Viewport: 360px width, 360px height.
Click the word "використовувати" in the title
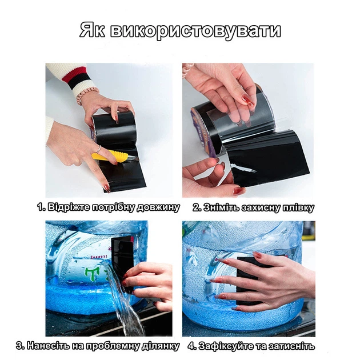coord(195,31)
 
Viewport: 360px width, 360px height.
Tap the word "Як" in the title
coord(93,30)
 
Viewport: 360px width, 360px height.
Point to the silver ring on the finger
coord(98,149)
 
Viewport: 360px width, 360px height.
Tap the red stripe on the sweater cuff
coord(73,74)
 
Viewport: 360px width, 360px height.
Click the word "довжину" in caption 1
coord(158,207)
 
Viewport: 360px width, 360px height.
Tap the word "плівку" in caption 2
coord(298,208)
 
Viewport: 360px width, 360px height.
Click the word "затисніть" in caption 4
coord(291,346)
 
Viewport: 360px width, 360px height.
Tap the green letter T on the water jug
coord(90,274)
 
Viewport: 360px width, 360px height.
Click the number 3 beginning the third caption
coord(20,346)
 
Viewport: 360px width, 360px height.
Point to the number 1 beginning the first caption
coord(41,207)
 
